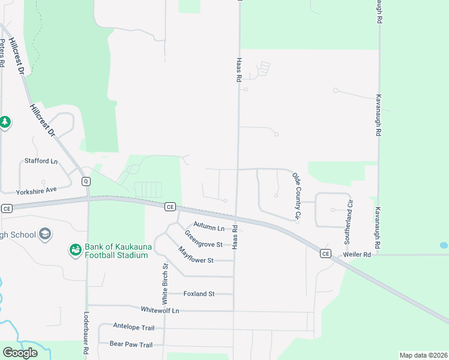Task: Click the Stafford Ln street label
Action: pyautogui.click(x=41, y=161)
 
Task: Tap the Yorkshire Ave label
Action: pyautogui.click(x=36, y=190)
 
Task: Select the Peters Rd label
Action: pyautogui.click(x=3, y=53)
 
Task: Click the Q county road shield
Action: pyautogui.click(x=86, y=181)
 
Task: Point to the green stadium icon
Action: pyautogui.click(x=75, y=249)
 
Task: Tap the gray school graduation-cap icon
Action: pyautogui.click(x=45, y=234)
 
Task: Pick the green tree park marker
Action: pyautogui.click(x=5, y=122)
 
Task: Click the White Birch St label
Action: pyautogui.click(x=164, y=283)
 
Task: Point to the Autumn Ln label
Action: pyautogui.click(x=209, y=228)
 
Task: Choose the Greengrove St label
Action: pyautogui.click(x=203, y=239)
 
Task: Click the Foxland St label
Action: pyautogui.click(x=199, y=293)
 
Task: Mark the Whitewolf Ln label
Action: pyautogui.click(x=160, y=310)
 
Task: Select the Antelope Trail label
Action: pyautogui.click(x=134, y=326)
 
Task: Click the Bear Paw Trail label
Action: pyautogui.click(x=131, y=344)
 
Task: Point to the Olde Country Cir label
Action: pyautogui.click(x=296, y=194)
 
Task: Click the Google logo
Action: pyautogui.click(x=20, y=353)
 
